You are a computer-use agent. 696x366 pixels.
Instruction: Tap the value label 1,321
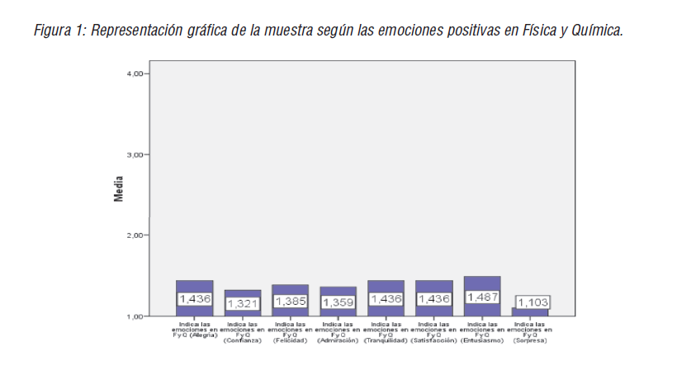click(x=243, y=303)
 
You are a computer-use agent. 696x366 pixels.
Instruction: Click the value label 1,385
click(x=291, y=301)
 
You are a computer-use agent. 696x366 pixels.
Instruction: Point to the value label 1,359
click(x=338, y=302)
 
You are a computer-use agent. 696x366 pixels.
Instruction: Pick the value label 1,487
click(x=482, y=297)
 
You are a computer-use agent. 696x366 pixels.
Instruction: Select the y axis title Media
click(x=118, y=189)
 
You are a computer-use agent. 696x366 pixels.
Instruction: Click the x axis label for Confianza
click(x=243, y=331)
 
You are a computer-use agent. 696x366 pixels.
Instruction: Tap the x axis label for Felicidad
click(x=291, y=331)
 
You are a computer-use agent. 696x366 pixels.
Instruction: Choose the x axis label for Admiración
click(x=338, y=331)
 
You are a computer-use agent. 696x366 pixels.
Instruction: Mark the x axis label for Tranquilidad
click(x=386, y=331)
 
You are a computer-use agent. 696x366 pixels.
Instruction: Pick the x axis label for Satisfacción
click(x=434, y=331)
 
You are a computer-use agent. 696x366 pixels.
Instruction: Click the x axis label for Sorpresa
click(x=530, y=331)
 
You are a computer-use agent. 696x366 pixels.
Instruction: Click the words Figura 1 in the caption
click(x=59, y=31)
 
